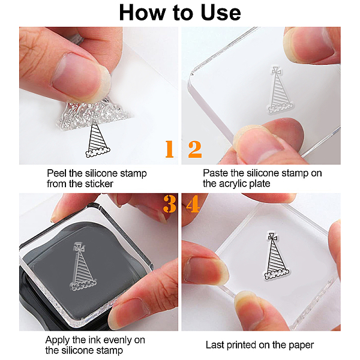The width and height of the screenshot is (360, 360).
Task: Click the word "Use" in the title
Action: click(220, 13)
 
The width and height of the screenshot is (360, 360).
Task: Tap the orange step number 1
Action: click(169, 149)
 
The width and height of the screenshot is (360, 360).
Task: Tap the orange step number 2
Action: click(195, 149)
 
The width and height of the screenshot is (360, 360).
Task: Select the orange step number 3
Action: click(170, 203)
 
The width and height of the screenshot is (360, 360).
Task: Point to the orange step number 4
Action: click(193, 203)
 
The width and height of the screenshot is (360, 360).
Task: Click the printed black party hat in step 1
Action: click(98, 140)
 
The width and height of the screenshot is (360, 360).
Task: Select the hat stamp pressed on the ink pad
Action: click(83, 266)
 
